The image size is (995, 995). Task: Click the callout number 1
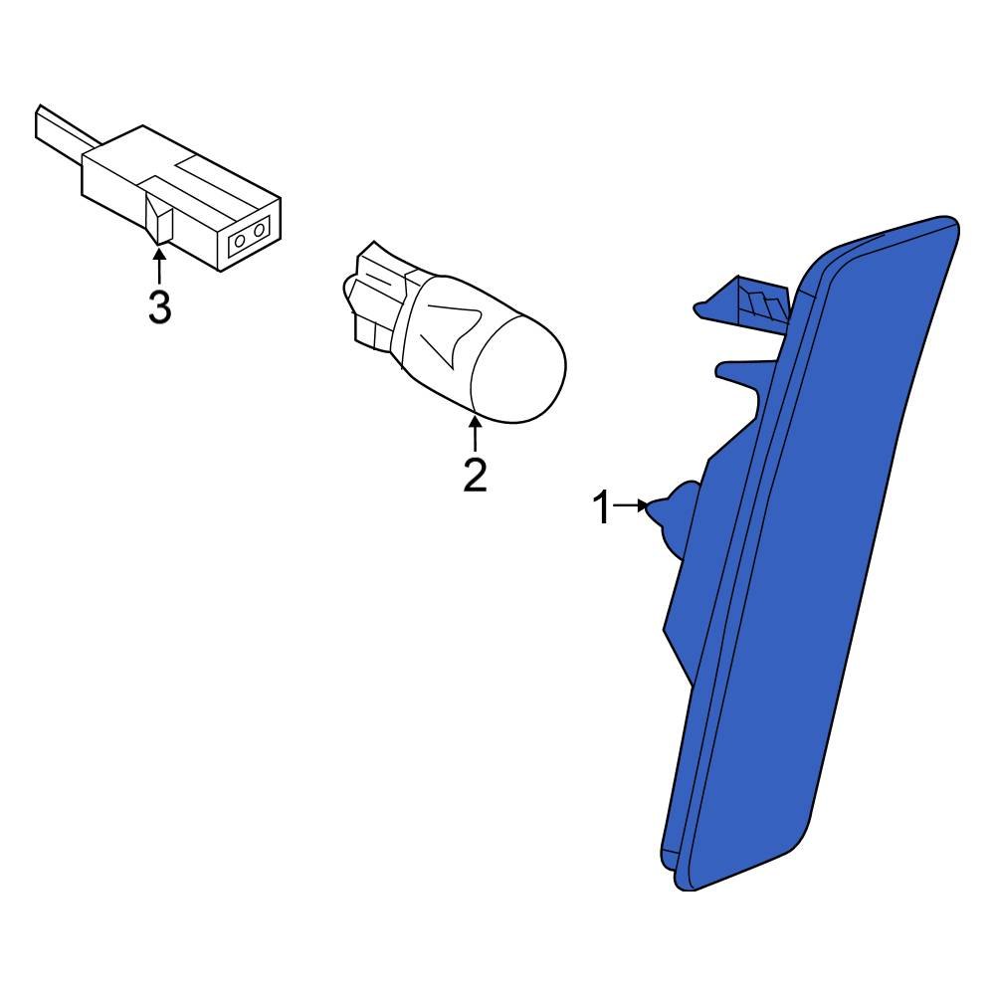[602, 507]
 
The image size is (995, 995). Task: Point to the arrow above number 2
[475, 432]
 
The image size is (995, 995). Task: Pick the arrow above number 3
[158, 267]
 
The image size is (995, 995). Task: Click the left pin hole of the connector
[240, 241]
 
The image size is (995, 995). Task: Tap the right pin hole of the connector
[259, 229]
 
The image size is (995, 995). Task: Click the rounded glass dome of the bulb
[518, 370]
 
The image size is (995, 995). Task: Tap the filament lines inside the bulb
[452, 337]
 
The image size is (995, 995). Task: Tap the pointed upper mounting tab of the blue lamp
[707, 308]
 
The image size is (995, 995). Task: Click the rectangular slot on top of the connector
[203, 172]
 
